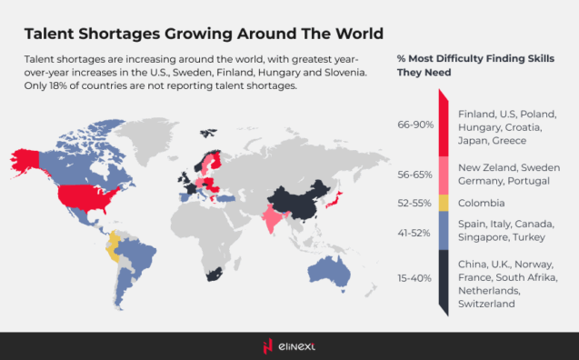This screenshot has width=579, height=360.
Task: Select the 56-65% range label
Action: click(x=415, y=175)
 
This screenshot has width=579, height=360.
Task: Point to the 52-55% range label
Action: click(x=415, y=204)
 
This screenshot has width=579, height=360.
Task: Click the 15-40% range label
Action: click(x=415, y=278)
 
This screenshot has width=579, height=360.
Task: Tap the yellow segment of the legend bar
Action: click(x=442, y=204)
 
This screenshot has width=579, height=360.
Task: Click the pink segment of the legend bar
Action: click(x=442, y=175)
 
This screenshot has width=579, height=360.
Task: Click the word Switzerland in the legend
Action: click(x=487, y=304)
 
